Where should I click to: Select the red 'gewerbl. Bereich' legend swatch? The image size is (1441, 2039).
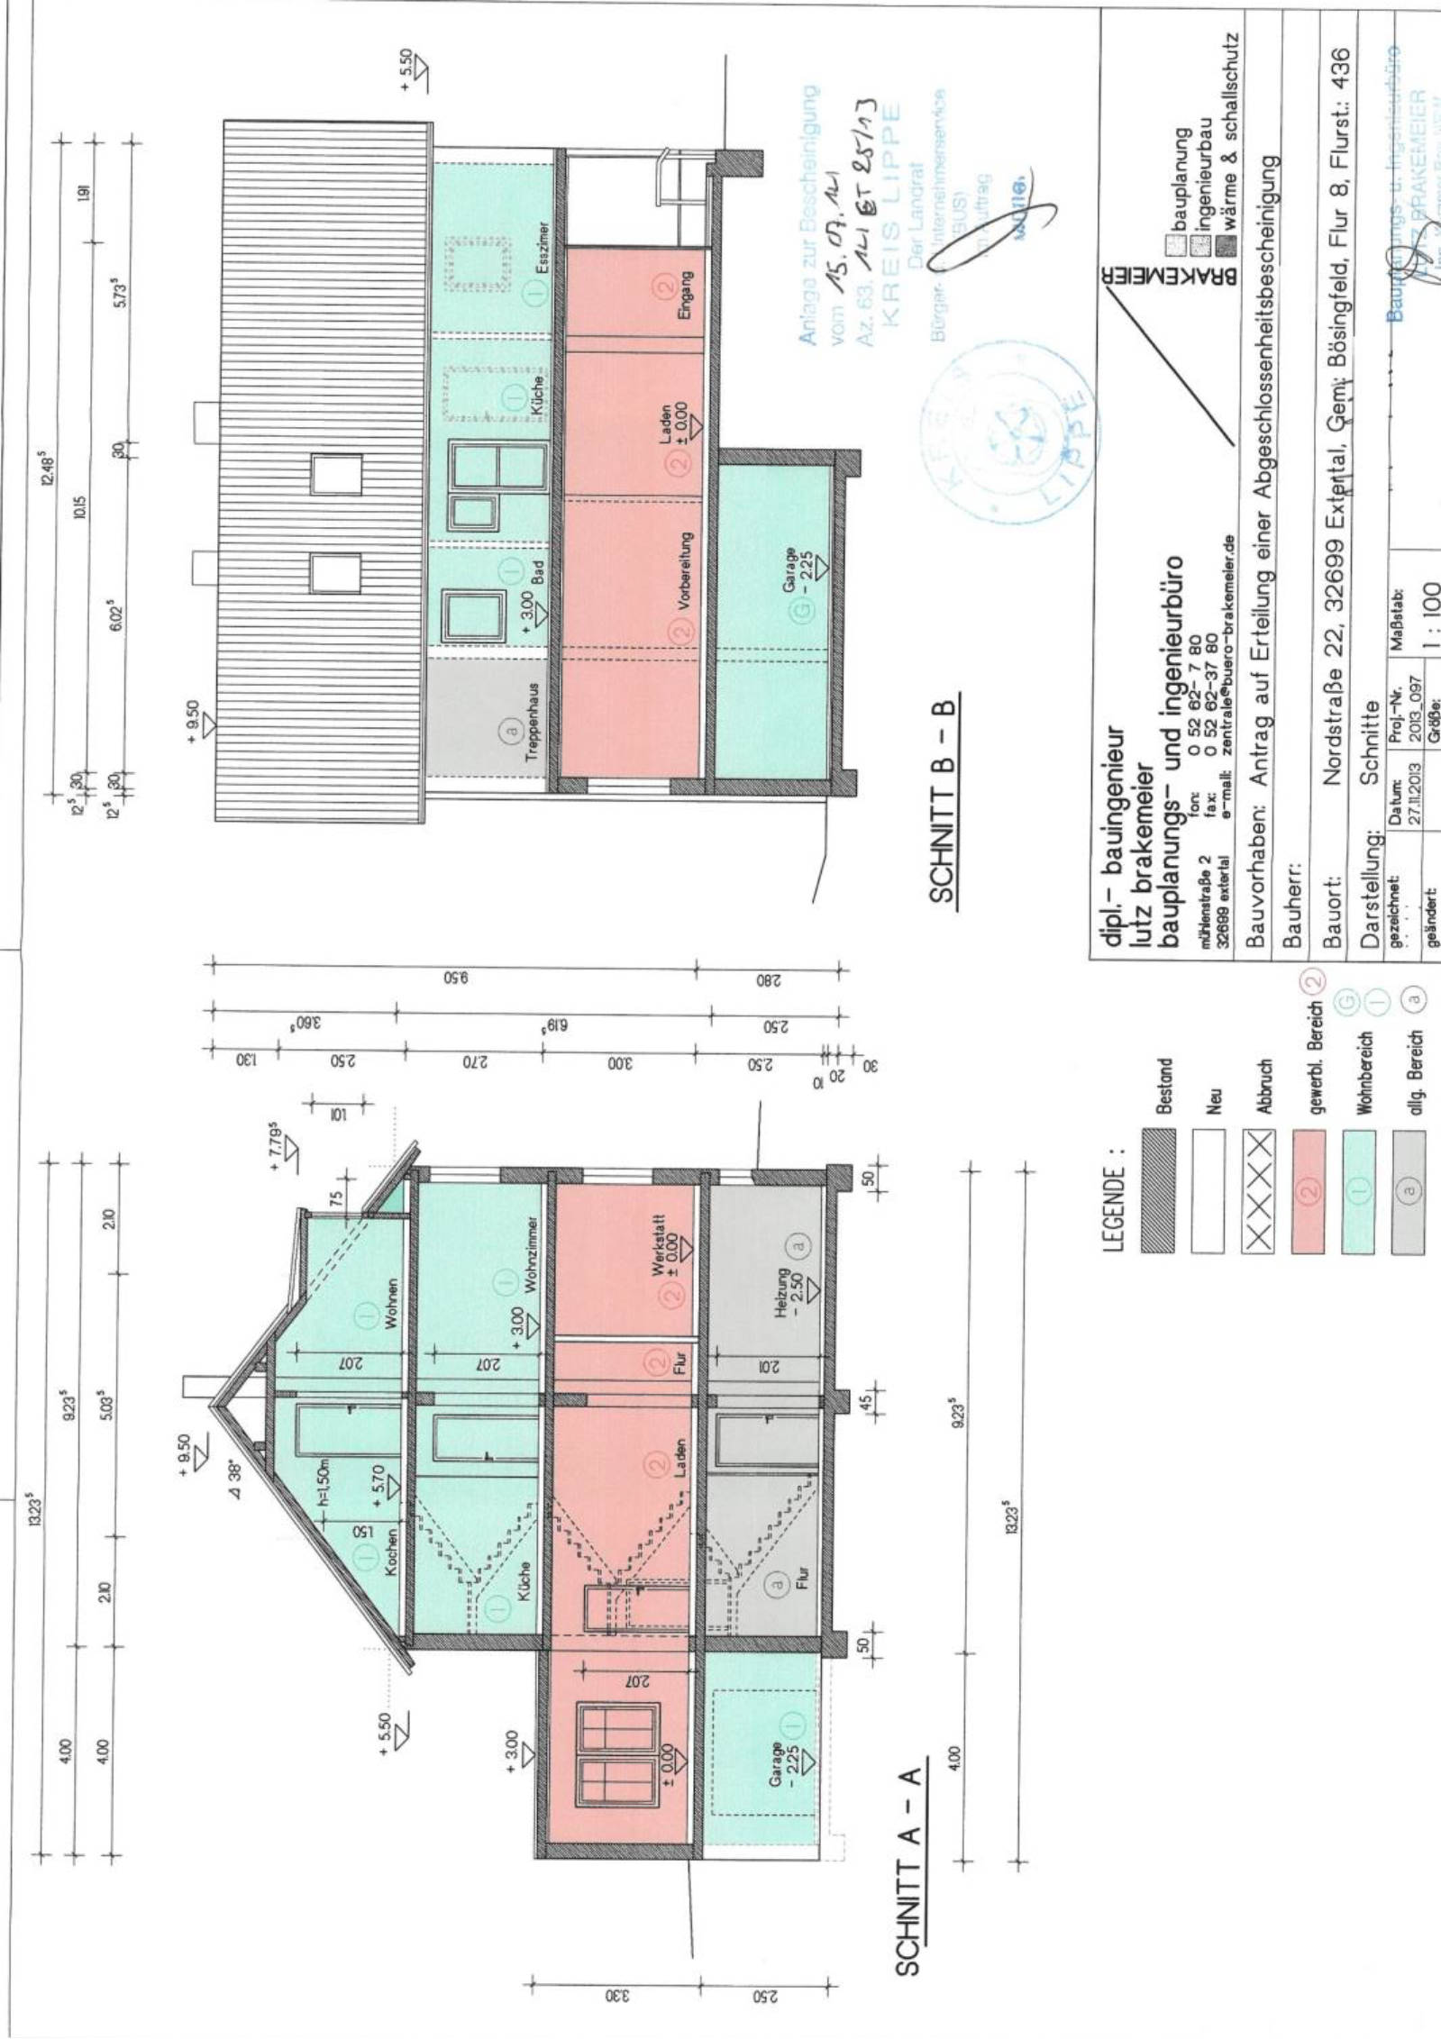[1308, 1192]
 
